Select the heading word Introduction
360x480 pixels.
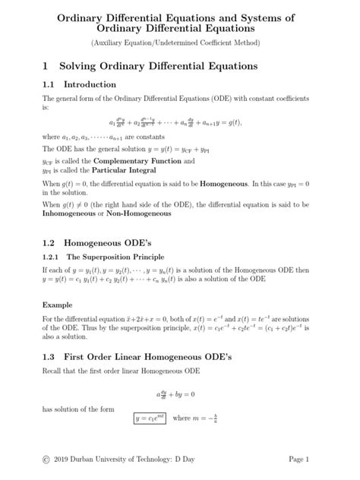coord(90,84)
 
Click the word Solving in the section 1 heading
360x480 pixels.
coord(79,66)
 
